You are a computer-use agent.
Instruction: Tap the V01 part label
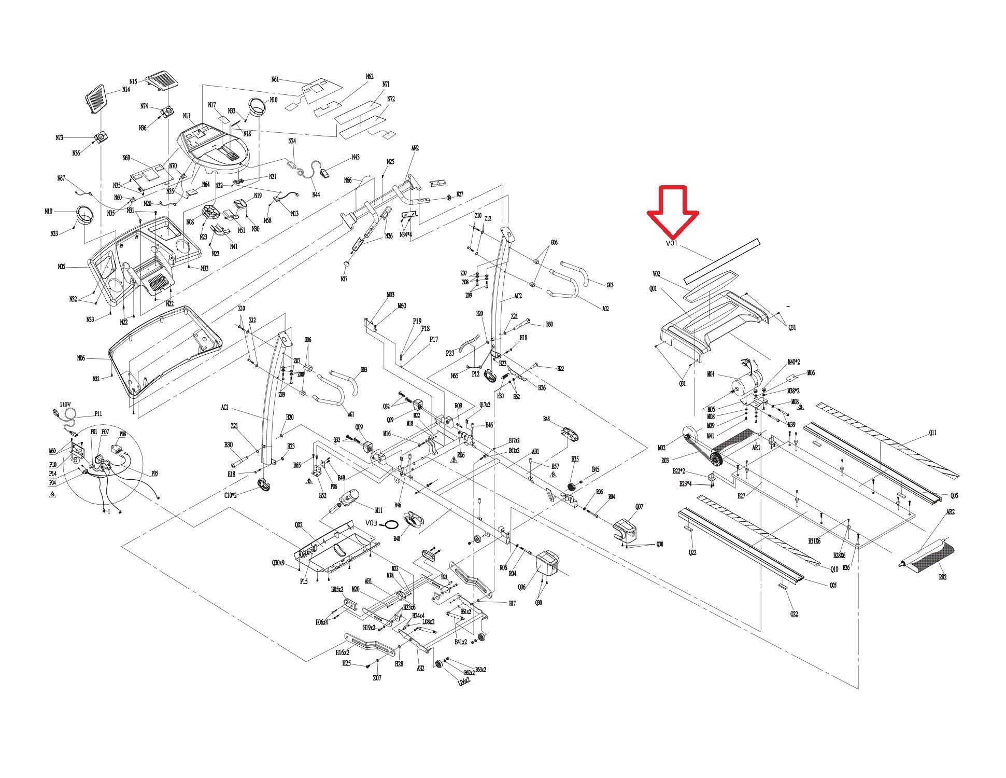[x=671, y=243]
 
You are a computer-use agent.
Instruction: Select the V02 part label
[x=656, y=274]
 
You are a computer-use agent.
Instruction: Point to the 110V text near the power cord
[x=65, y=404]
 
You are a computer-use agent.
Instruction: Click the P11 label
[x=98, y=414]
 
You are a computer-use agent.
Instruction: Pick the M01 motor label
[x=711, y=374]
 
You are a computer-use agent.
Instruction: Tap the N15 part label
[x=133, y=81]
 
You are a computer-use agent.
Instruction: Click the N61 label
[x=275, y=79]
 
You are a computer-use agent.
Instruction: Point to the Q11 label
[x=932, y=433]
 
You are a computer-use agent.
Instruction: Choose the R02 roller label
[x=942, y=577]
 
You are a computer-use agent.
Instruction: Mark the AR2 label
[x=951, y=512]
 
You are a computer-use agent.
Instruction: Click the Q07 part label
[x=639, y=507]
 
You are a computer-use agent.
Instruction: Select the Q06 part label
[x=521, y=587]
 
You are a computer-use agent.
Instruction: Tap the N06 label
[x=81, y=358]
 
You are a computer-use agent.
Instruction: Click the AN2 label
[x=415, y=148]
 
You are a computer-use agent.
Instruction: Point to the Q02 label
[x=299, y=525]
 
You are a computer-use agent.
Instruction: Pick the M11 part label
[x=378, y=510]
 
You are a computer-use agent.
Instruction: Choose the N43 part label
[x=356, y=157]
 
